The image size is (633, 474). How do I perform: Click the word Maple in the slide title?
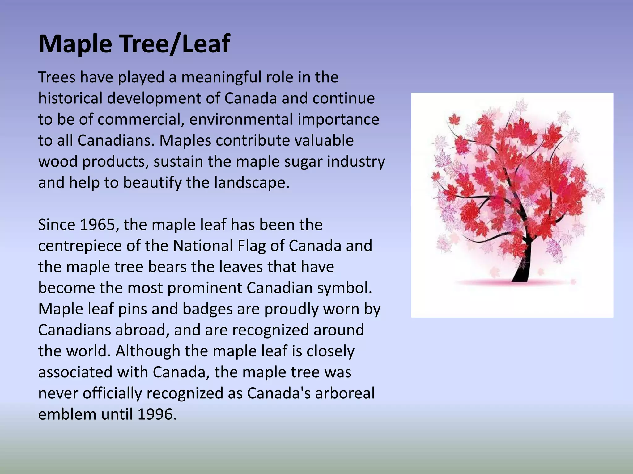[x=75, y=44]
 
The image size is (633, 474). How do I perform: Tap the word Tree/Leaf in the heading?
[x=175, y=44]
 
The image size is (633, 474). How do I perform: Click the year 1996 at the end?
[x=157, y=414]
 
